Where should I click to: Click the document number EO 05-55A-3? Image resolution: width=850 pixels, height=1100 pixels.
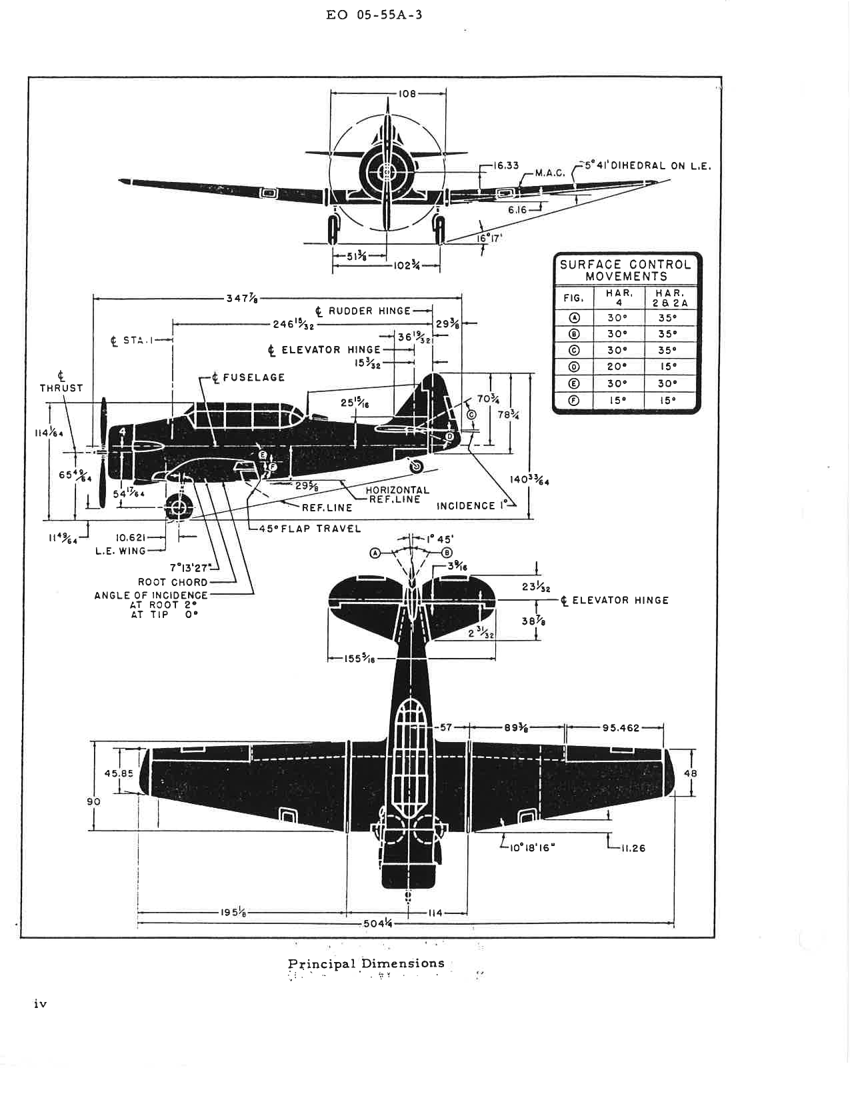pyautogui.click(x=374, y=15)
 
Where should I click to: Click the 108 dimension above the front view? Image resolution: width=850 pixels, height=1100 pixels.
pyautogui.click(x=407, y=93)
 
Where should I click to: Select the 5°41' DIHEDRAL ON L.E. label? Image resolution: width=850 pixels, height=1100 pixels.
pyautogui.click(x=647, y=165)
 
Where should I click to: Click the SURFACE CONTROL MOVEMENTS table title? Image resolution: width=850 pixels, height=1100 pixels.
pyautogui.click(x=626, y=270)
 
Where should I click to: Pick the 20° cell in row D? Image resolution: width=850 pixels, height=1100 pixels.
pyautogui.click(x=617, y=367)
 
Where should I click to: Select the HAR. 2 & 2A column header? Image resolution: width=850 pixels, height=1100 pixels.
pyautogui.click(x=670, y=297)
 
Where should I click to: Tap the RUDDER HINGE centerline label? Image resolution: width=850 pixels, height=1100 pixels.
pyautogui.click(x=364, y=311)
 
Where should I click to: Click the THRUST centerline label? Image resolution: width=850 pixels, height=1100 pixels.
pyautogui.click(x=61, y=383)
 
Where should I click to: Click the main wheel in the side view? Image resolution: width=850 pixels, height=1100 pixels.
pyautogui.click(x=178, y=507)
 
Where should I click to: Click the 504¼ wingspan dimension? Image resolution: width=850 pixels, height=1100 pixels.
pyautogui.click(x=377, y=924)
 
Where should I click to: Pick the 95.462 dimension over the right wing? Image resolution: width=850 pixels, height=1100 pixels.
pyautogui.click(x=620, y=727)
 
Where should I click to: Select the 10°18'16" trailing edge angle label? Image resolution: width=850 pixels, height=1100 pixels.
pyautogui.click(x=528, y=848)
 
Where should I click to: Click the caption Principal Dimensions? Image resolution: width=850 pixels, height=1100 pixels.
pyautogui.click(x=366, y=963)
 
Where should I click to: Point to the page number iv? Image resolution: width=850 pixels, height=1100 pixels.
pyautogui.click(x=40, y=1003)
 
